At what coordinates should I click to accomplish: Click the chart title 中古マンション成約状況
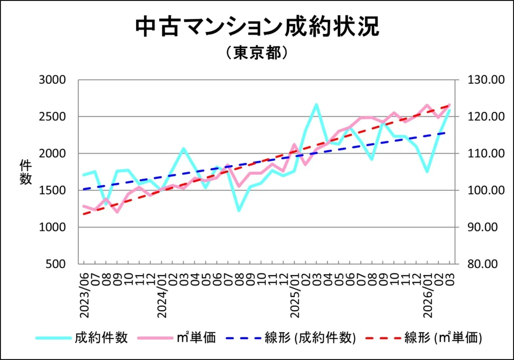click(x=257, y=27)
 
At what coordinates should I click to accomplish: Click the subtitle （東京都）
click(x=256, y=53)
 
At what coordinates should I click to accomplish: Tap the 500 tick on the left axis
click(x=58, y=264)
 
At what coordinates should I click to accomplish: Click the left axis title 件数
click(x=26, y=172)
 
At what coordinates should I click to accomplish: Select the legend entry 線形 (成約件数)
click(x=310, y=337)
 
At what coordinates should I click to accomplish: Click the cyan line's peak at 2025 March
click(x=316, y=104)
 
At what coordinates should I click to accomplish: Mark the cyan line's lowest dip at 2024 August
click(x=239, y=210)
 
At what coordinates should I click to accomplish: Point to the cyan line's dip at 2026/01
click(x=427, y=172)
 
